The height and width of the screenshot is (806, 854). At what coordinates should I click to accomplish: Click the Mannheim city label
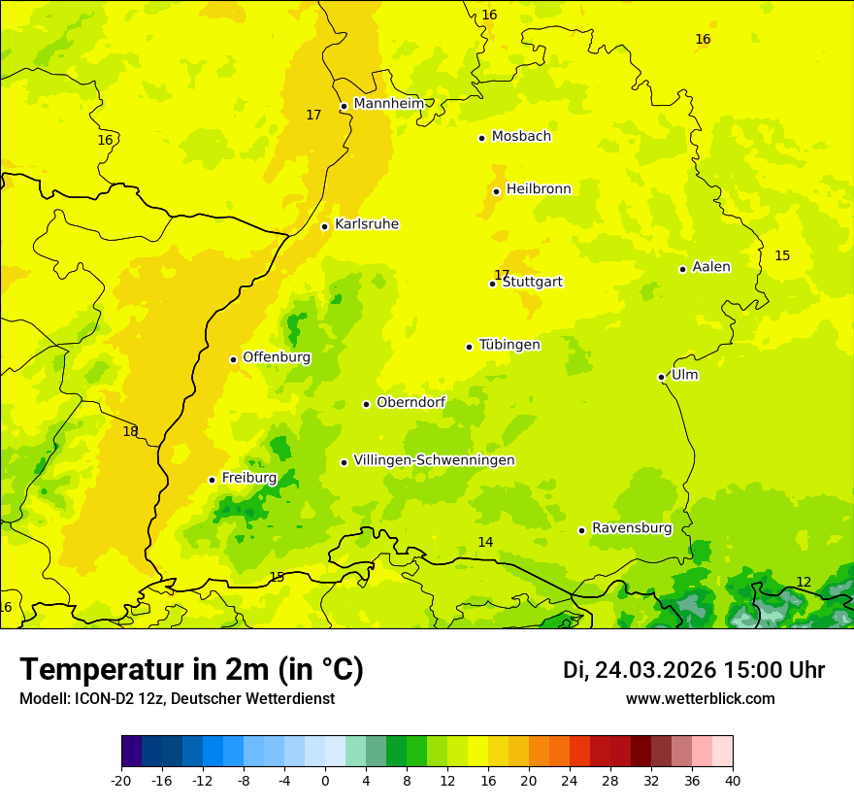click(388, 103)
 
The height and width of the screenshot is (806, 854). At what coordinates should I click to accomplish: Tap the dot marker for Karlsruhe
click(324, 226)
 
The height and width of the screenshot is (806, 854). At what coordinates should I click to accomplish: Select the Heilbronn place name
click(539, 188)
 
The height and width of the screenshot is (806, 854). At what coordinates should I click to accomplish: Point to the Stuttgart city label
click(532, 282)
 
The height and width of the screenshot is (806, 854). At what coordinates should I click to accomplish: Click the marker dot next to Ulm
click(661, 377)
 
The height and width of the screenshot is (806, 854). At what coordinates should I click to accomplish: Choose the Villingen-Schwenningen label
click(434, 459)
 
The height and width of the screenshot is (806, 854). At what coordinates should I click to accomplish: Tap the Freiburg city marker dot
click(212, 480)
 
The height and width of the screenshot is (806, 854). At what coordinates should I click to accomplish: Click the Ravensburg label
click(632, 527)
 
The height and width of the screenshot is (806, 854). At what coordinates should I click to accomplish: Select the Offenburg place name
click(277, 356)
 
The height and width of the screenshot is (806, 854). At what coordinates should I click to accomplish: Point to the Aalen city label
click(711, 266)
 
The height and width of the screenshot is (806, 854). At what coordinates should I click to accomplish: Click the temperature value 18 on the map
click(130, 431)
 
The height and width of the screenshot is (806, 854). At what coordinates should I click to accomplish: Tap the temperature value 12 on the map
click(804, 582)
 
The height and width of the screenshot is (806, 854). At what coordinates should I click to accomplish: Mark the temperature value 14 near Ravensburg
click(485, 542)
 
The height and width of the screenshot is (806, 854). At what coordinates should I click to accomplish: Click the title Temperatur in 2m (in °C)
click(191, 669)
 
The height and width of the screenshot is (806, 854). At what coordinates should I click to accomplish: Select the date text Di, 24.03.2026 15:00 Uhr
click(694, 670)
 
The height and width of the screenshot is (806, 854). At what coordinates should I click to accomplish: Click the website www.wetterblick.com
click(700, 698)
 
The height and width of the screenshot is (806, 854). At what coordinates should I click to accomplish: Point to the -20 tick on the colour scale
click(121, 780)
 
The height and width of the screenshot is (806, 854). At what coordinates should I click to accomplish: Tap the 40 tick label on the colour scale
click(733, 780)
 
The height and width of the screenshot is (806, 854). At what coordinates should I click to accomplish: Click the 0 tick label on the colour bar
click(325, 780)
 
